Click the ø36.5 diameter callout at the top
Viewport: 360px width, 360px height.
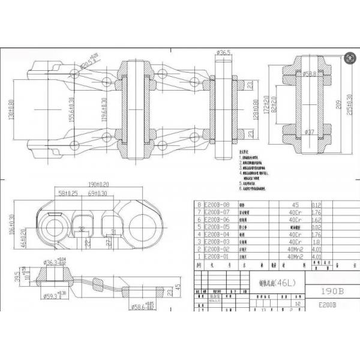point(223,53)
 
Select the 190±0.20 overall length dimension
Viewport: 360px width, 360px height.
point(98,185)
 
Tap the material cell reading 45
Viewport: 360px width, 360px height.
point(295,205)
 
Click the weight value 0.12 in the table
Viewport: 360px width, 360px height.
point(316,205)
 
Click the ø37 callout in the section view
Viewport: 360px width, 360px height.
point(309,132)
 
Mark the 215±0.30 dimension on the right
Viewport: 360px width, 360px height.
point(350,102)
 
